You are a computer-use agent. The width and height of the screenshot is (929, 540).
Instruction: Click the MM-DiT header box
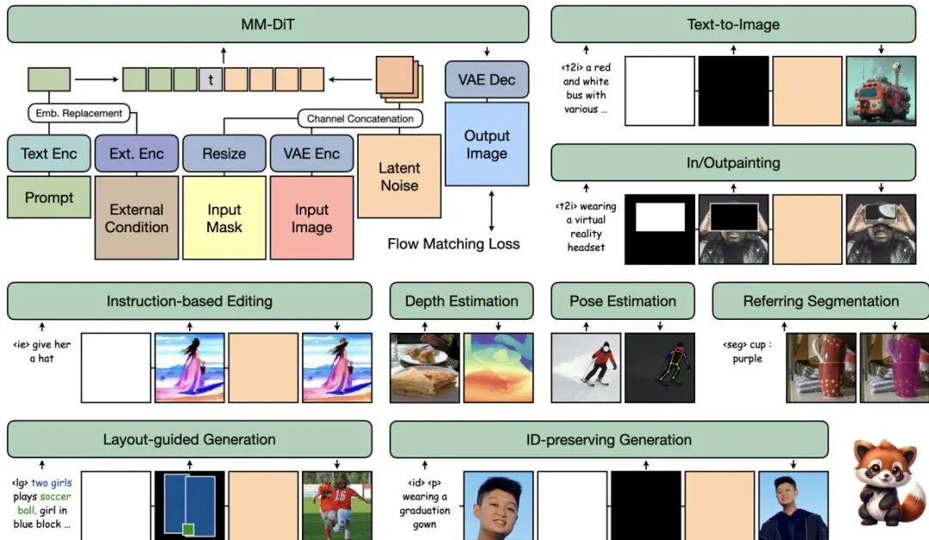[x=268, y=24]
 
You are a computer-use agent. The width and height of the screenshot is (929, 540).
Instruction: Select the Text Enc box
[x=49, y=154]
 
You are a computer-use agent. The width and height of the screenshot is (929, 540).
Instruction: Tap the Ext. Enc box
[x=136, y=154]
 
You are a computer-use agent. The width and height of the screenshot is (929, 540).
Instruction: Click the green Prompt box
[x=49, y=197]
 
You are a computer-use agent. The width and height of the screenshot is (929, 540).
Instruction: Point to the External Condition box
[x=136, y=218]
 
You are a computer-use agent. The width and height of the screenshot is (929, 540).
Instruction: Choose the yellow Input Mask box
[x=224, y=218]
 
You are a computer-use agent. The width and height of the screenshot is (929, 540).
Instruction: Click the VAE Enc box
[x=311, y=154]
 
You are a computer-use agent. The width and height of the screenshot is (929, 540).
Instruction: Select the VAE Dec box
[x=486, y=80]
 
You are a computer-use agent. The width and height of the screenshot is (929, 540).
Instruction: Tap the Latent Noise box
[x=399, y=176]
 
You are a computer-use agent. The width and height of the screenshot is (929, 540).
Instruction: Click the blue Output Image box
[x=486, y=144]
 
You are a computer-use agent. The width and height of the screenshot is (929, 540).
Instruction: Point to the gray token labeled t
[x=211, y=80]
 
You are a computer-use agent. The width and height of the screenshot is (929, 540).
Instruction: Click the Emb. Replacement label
[x=79, y=113]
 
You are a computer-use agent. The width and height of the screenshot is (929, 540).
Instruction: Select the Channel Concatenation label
[x=360, y=119]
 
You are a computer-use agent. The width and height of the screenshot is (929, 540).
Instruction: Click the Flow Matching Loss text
[x=453, y=243]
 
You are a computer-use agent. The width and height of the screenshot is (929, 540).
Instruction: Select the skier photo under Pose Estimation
[x=585, y=368]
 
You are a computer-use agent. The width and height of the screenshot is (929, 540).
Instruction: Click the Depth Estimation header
[x=461, y=301]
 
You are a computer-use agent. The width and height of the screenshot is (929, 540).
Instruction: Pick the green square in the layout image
[x=188, y=530]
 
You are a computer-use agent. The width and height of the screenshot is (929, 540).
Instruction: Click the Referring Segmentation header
[x=821, y=301]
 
